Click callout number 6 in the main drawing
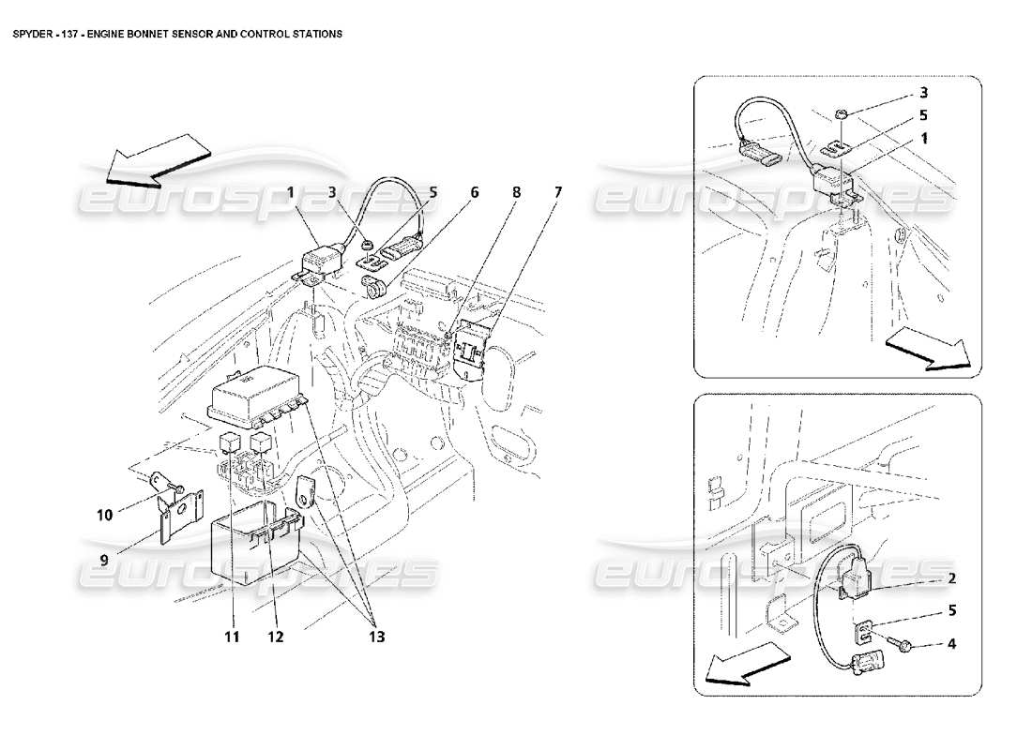coord(475,192)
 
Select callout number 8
coord(516,192)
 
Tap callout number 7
coord(558,192)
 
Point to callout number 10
coord(104,515)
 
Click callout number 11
coord(232,637)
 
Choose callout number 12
coord(274,637)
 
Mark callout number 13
coord(374,637)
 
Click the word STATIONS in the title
coord(315,33)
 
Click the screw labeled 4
coord(906,645)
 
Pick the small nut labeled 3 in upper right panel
coord(842,113)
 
